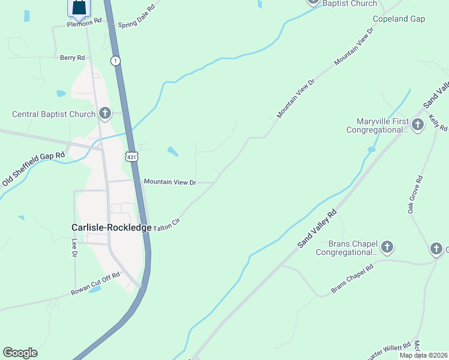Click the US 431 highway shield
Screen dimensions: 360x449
[x=132, y=157]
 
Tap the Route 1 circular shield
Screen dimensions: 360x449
[x=115, y=61]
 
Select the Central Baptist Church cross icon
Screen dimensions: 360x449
[x=105, y=113]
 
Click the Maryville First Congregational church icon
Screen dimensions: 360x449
[x=418, y=125]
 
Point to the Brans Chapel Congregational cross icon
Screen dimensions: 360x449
[x=387, y=247]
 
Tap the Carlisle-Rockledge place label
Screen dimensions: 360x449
[x=111, y=227]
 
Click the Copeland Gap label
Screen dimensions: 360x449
[x=399, y=19]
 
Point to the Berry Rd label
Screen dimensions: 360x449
[x=73, y=58]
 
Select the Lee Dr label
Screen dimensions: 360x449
[x=75, y=248]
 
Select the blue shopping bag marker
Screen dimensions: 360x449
[x=78, y=7]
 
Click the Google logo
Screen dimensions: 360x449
[x=20, y=353]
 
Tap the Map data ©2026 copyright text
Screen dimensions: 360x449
[x=423, y=355]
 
